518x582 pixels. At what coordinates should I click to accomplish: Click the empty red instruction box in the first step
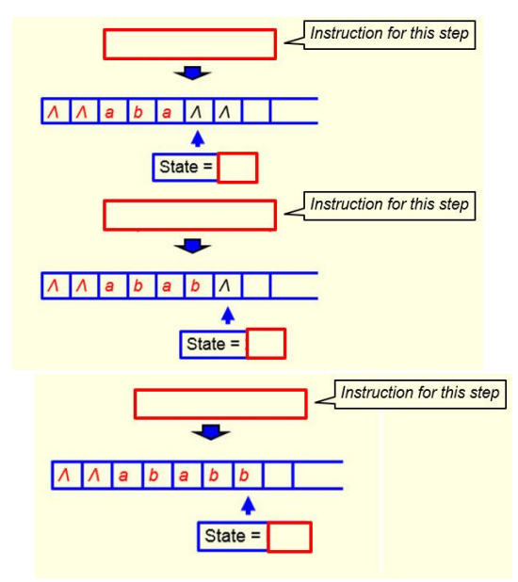tap(189, 44)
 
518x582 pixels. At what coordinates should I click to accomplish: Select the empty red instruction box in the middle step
tap(189, 215)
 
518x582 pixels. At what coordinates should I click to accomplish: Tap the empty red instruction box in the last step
tap(220, 404)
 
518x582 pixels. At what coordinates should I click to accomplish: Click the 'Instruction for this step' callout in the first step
tap(389, 35)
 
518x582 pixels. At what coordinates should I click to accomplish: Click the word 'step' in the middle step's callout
tap(451, 204)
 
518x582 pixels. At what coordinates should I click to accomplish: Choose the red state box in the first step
tap(237, 168)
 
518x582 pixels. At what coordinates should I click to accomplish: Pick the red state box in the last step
tap(289, 537)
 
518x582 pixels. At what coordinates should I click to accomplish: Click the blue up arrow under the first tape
tap(197, 138)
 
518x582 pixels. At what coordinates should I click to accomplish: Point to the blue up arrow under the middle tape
tap(227, 315)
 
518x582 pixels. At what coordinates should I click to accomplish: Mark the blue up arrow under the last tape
tap(248, 507)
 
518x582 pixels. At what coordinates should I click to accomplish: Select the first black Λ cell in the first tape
tap(196, 111)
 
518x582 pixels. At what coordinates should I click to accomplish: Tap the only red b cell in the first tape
tap(138, 111)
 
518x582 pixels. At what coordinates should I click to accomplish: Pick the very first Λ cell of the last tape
tap(65, 476)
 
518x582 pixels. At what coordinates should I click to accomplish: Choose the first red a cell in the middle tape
tap(109, 285)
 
